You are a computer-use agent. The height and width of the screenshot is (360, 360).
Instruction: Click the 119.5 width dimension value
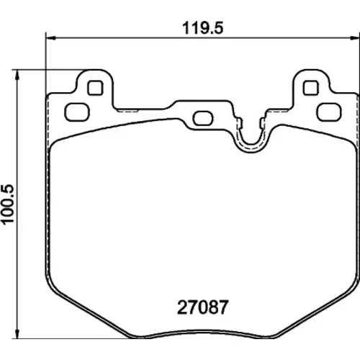[x=203, y=28]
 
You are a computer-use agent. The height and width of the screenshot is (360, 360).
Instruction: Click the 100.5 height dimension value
[x=9, y=204]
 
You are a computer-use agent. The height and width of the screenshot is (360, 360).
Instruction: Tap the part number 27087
[x=202, y=307]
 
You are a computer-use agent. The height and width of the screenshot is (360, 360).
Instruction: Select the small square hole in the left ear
[x=95, y=88]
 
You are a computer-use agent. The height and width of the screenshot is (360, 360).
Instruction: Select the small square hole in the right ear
[x=311, y=88]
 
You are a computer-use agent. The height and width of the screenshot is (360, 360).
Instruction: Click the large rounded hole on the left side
[x=77, y=112]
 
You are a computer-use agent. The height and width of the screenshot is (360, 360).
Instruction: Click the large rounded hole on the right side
[x=329, y=112]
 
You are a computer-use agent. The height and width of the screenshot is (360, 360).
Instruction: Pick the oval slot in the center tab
[x=203, y=118]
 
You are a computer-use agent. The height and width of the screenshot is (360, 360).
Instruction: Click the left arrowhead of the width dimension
[x=50, y=37]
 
